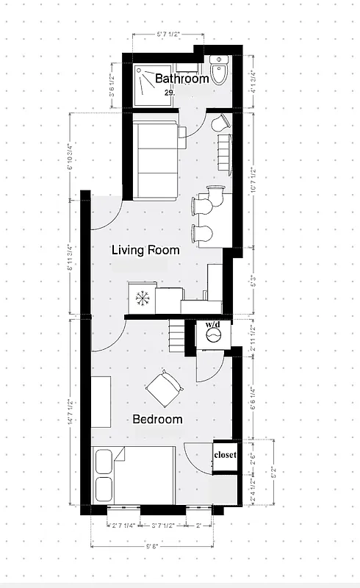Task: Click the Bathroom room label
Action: tap(181, 79)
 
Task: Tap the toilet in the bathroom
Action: tap(220, 69)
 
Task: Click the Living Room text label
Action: tap(145, 250)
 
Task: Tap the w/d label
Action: tap(213, 324)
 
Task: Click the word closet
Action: tap(225, 455)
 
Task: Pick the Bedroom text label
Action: tap(156, 419)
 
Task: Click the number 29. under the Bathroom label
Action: tap(169, 93)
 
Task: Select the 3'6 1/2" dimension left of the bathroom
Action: tap(112, 86)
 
